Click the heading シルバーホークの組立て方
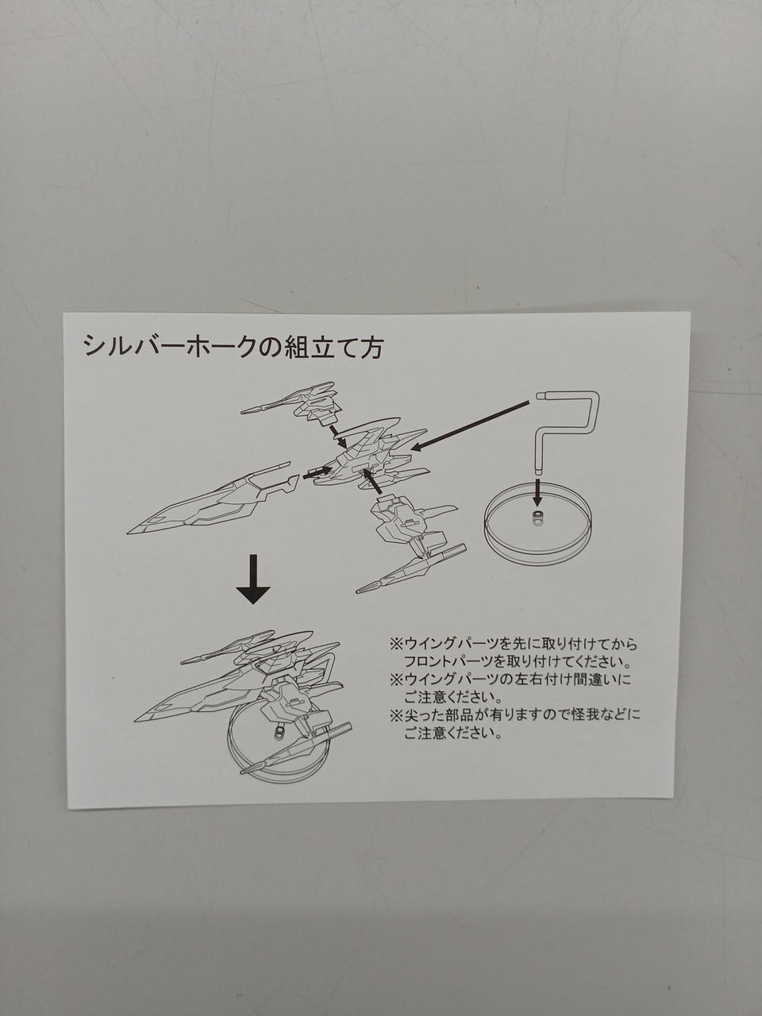(x=233, y=346)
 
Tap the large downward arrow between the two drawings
(x=253, y=579)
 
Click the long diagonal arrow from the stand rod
(x=470, y=425)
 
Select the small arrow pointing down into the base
(x=537, y=493)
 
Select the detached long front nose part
(x=213, y=500)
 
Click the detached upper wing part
(x=291, y=401)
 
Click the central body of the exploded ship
(x=370, y=456)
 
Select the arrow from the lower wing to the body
(x=373, y=482)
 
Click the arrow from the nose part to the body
(x=317, y=472)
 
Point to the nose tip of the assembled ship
(x=135, y=722)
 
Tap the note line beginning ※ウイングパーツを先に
(x=514, y=644)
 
